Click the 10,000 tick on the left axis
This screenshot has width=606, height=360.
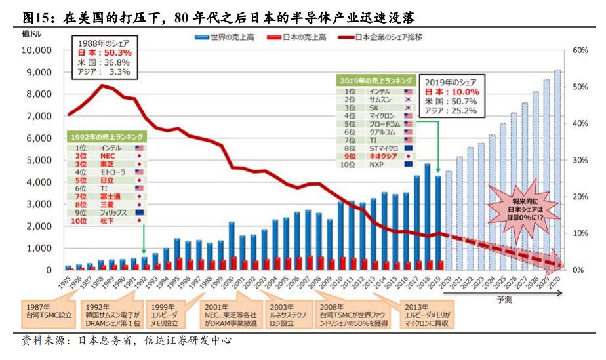37,50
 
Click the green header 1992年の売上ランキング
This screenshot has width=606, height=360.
106,136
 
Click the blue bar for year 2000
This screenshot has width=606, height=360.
232,245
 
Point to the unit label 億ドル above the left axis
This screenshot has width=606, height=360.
31,33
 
